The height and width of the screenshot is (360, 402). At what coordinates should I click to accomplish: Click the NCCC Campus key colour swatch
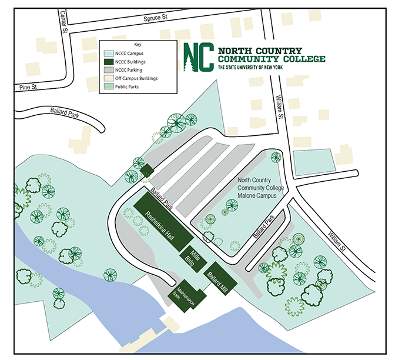(x=108, y=53)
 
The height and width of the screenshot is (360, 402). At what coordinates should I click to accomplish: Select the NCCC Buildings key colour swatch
(x=108, y=61)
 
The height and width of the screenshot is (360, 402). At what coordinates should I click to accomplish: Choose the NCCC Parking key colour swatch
(x=108, y=69)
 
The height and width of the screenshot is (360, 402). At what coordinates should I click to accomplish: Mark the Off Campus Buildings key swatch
(x=108, y=78)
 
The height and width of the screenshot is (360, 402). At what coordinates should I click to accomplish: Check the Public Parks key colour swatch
(x=108, y=86)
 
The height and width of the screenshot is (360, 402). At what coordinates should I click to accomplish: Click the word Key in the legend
(x=138, y=45)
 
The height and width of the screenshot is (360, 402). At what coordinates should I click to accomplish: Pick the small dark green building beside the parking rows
(x=146, y=171)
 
